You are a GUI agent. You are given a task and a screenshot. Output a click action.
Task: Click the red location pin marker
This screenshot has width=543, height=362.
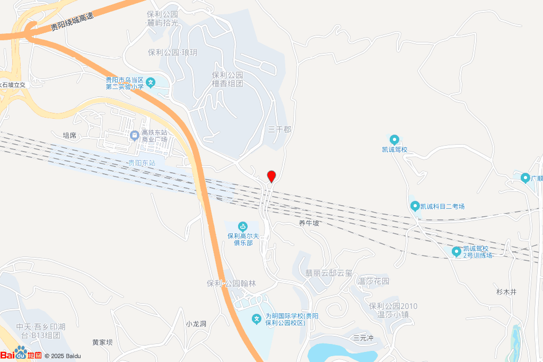pyautogui.click(x=271, y=176)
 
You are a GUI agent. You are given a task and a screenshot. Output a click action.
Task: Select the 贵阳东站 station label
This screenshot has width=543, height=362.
pyautogui.click(x=142, y=163)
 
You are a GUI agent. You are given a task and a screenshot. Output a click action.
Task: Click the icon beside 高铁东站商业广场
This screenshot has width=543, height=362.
pyautogui.click(x=135, y=136)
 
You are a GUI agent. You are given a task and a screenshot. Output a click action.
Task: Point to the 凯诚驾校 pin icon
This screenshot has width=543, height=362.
pyautogui.click(x=395, y=140)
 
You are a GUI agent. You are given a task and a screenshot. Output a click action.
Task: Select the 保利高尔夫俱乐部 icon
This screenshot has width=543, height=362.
pyautogui.click(x=243, y=226)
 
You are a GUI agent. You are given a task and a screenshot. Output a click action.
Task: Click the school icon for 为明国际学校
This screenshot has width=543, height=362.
pyautogui.click(x=257, y=319)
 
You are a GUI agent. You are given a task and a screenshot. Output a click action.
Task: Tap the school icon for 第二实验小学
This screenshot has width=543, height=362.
pyautogui.click(x=151, y=82)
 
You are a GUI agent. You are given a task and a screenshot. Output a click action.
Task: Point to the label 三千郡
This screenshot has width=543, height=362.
pyautogui.click(x=279, y=129)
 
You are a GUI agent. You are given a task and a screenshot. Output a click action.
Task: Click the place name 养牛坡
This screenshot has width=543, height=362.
pyautogui.click(x=309, y=223)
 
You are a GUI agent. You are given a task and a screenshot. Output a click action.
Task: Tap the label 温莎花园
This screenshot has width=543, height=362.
pyautogui.click(x=374, y=281)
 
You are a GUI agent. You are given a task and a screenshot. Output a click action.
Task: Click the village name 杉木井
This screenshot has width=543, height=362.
pyautogui.click(x=506, y=292)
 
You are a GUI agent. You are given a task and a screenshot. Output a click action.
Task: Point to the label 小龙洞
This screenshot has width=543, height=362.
pyautogui.click(x=196, y=324)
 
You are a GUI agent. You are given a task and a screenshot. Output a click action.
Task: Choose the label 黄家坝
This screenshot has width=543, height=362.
pyautogui.click(x=102, y=342)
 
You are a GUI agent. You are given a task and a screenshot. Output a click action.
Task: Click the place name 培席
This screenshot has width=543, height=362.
pyautogui.click(x=69, y=135)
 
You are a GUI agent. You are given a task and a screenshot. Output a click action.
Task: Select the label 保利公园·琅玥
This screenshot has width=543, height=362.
pyautogui.click(x=172, y=52)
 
